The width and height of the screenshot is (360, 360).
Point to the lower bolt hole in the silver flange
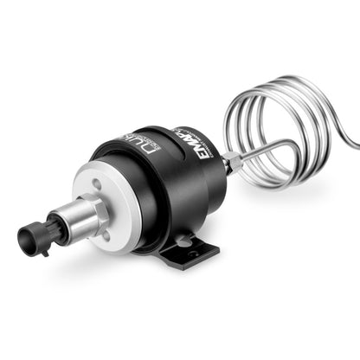pos(105,235)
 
